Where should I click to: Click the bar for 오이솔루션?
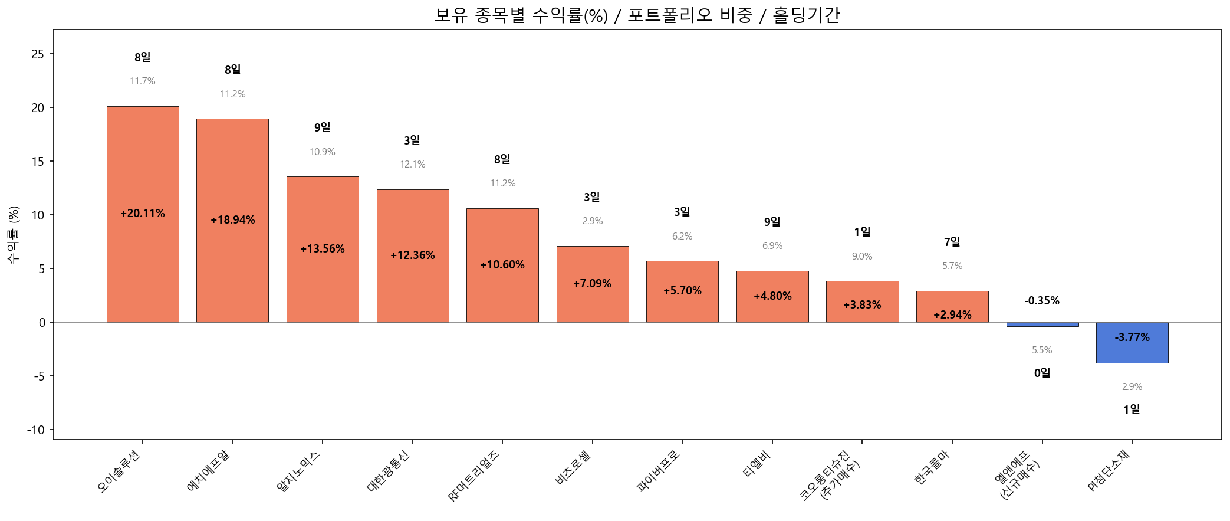click(143, 214)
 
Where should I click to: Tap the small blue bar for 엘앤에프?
click(1042, 325)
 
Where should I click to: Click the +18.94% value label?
click(233, 220)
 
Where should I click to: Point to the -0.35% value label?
click(1042, 301)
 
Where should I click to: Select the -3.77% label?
click(1132, 337)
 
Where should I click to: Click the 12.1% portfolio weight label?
click(413, 165)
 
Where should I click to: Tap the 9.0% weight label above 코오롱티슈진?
click(862, 257)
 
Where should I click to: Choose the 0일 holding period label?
click(1042, 373)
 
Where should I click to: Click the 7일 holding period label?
click(952, 242)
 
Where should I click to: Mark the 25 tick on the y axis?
click(38, 54)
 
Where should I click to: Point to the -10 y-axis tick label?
click(35, 430)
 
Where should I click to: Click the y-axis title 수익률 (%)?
click(14, 235)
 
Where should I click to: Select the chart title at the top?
click(637, 15)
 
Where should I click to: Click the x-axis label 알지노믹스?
click(298, 471)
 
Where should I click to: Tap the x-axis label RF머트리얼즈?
click(473, 475)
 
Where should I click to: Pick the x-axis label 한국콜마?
click(932, 468)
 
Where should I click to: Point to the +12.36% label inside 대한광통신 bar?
click(413, 255)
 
